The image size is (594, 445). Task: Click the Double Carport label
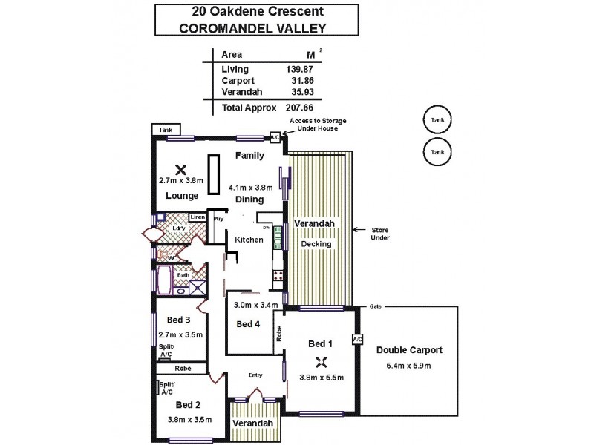click(408, 350)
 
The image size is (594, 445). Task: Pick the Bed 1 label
click(320, 343)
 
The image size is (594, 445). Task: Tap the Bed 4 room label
click(247, 324)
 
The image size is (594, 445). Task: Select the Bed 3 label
click(178, 320)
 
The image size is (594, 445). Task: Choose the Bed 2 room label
click(188, 405)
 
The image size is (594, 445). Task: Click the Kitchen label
click(249, 240)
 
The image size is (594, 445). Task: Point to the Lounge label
click(182, 197)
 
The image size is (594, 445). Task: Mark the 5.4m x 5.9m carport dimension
click(408, 365)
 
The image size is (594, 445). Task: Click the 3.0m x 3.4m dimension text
click(255, 305)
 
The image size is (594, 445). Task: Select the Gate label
click(376, 307)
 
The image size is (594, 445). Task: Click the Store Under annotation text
click(380, 234)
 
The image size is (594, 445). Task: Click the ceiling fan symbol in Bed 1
click(321, 362)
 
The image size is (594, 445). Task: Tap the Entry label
click(255, 375)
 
